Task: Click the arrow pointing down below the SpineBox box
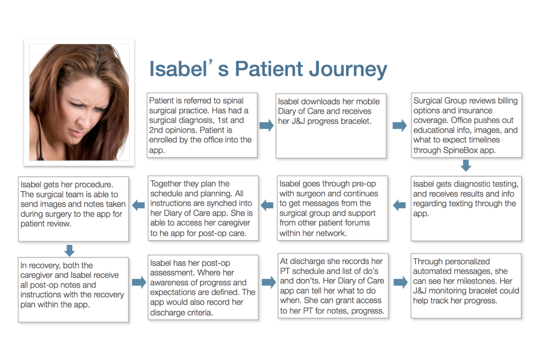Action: (x=466, y=166)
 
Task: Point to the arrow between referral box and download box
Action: (x=266, y=125)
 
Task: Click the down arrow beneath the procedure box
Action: (x=70, y=250)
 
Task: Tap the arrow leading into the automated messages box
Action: (x=400, y=282)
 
